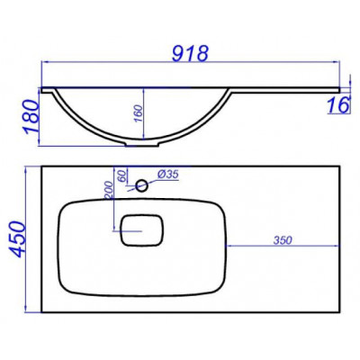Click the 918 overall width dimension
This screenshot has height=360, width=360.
[190, 54]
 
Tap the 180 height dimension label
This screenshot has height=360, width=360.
[31, 116]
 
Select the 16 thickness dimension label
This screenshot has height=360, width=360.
[338, 105]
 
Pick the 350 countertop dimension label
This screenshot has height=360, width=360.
[283, 240]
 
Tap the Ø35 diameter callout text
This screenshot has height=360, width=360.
[168, 174]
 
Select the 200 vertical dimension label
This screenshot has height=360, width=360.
[109, 191]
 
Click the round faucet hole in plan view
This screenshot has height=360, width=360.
[141, 185]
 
